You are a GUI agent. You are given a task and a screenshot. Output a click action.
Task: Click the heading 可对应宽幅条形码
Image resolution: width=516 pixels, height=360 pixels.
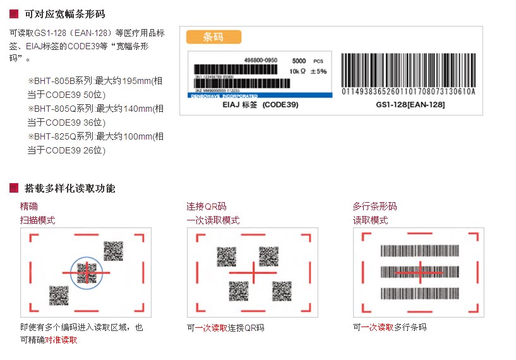point(64,14)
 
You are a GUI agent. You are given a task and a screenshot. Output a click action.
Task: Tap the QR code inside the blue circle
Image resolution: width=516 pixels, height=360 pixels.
point(86,273)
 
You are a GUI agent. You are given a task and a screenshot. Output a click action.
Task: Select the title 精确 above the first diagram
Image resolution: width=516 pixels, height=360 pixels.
point(29,207)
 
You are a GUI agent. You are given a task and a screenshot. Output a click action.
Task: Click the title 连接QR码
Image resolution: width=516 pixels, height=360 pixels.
point(206,207)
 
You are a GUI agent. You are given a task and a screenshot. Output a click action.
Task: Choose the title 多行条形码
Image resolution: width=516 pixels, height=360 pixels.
point(375,207)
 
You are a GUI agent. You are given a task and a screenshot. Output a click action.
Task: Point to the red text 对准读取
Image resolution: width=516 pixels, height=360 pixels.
point(61,340)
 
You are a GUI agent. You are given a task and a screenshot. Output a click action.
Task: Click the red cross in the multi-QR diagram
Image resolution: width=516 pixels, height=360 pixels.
point(253,272)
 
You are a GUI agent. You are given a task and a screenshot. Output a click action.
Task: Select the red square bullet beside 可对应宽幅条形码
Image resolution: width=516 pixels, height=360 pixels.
point(14,14)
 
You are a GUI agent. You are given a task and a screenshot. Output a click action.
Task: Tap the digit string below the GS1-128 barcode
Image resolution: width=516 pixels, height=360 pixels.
point(408,92)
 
